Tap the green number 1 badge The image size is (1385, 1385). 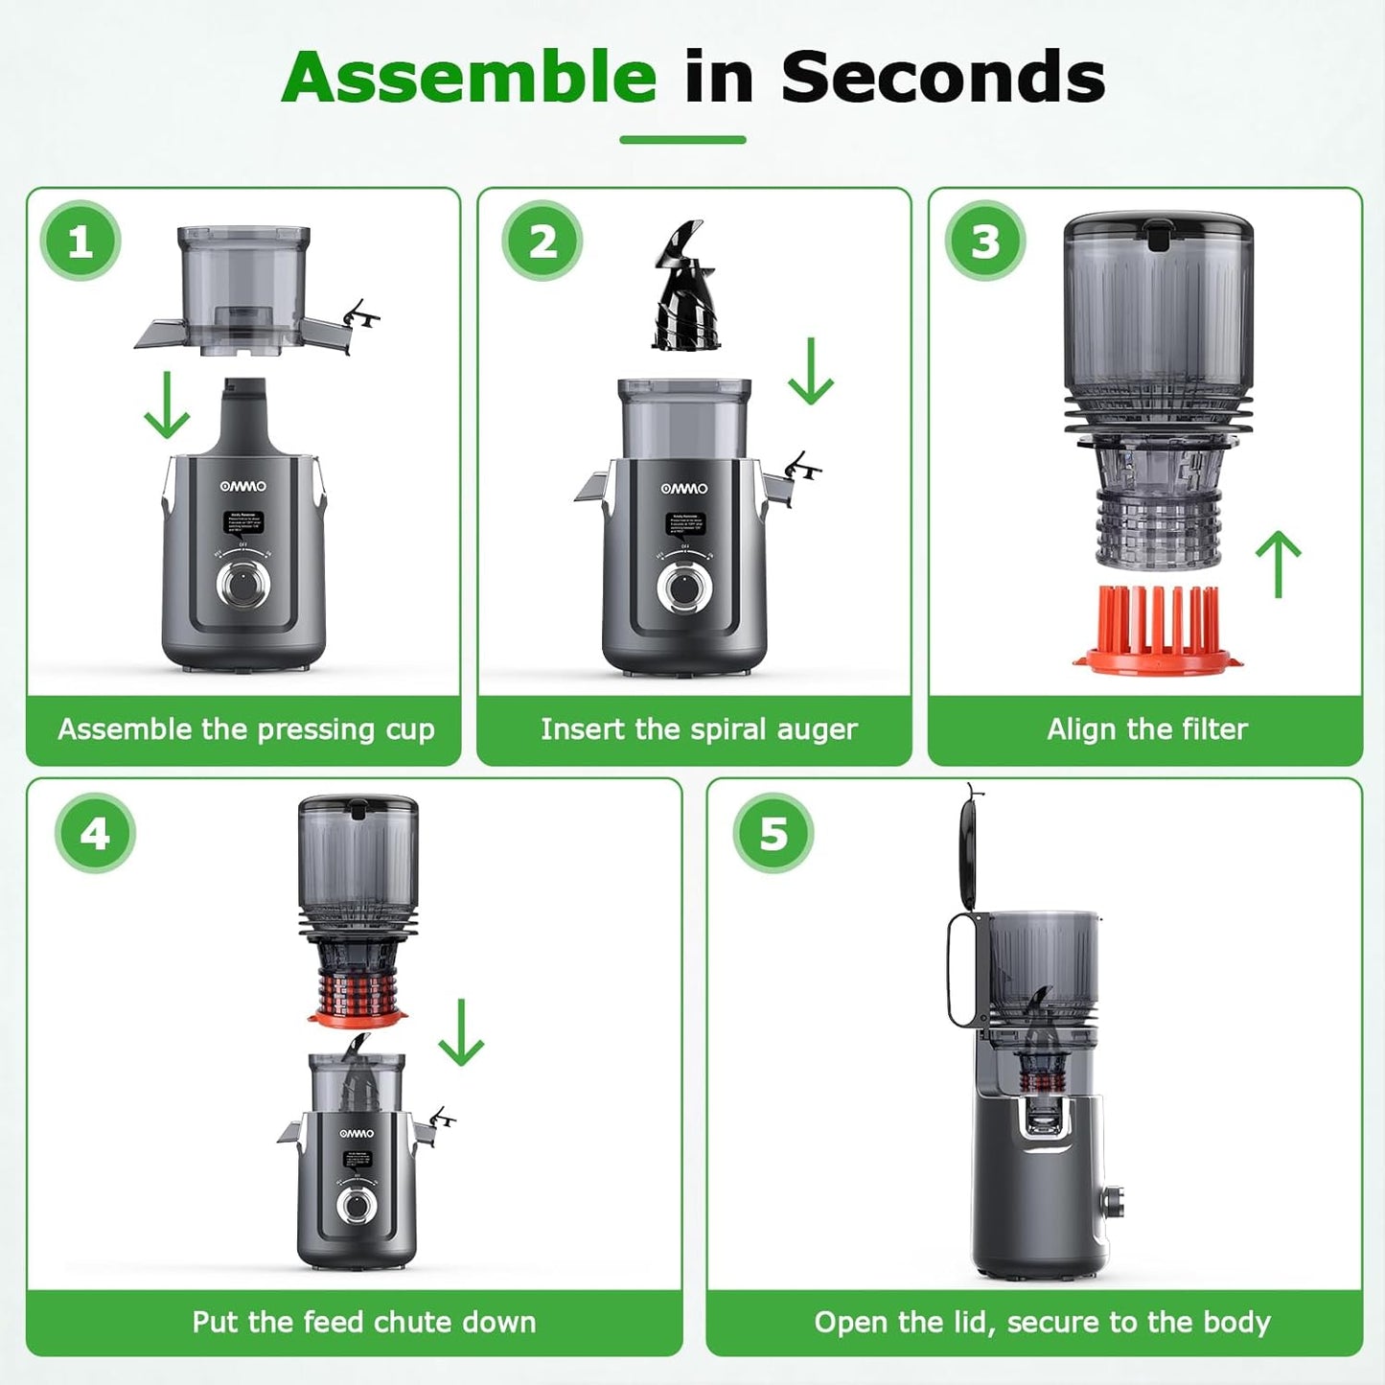(81, 242)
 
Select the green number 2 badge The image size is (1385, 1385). (542, 242)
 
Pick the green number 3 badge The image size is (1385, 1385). (985, 242)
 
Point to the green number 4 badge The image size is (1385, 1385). (95, 834)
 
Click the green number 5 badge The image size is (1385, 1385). (773, 834)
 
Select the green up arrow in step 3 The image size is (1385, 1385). (1279, 565)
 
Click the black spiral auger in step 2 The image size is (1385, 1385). (684, 288)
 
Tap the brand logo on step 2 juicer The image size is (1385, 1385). (684, 489)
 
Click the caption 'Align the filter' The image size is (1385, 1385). (1146, 729)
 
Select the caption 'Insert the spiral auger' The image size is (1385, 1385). (698, 729)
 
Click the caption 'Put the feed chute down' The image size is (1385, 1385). (363, 1322)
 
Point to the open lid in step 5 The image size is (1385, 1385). (970, 848)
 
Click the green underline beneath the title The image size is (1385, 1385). (682, 140)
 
